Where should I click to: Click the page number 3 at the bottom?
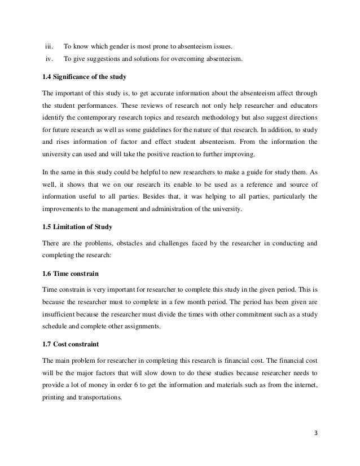[x=314, y=434]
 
